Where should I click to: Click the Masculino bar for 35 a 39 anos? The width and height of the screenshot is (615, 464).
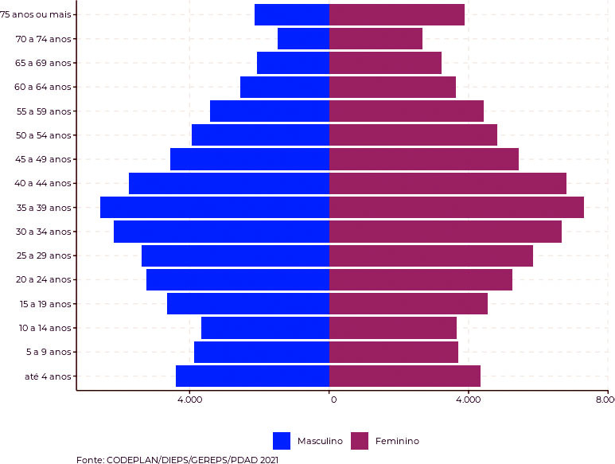coord(214,208)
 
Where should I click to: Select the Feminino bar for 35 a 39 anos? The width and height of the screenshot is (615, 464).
coord(456,208)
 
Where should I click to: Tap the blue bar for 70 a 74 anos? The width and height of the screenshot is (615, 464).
coord(303,39)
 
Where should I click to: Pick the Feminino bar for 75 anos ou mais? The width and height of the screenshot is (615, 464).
coord(396,14)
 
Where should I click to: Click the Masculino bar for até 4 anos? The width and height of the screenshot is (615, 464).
coord(252,376)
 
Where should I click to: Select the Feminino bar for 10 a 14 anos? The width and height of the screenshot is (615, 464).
coord(392,328)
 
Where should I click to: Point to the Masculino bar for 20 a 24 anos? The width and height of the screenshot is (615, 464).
coord(237,279)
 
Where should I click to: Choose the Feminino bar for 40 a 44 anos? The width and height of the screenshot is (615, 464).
coord(447,183)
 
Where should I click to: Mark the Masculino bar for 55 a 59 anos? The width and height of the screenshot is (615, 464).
coord(269,111)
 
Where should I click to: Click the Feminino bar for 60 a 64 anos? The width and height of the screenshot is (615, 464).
coord(392,87)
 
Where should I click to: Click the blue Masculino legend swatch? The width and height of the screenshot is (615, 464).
coord(282,441)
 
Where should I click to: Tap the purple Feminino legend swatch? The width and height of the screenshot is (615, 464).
coord(360,441)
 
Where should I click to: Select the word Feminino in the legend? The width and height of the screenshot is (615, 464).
coord(397,441)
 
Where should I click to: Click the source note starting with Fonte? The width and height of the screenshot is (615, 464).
coord(177,459)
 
